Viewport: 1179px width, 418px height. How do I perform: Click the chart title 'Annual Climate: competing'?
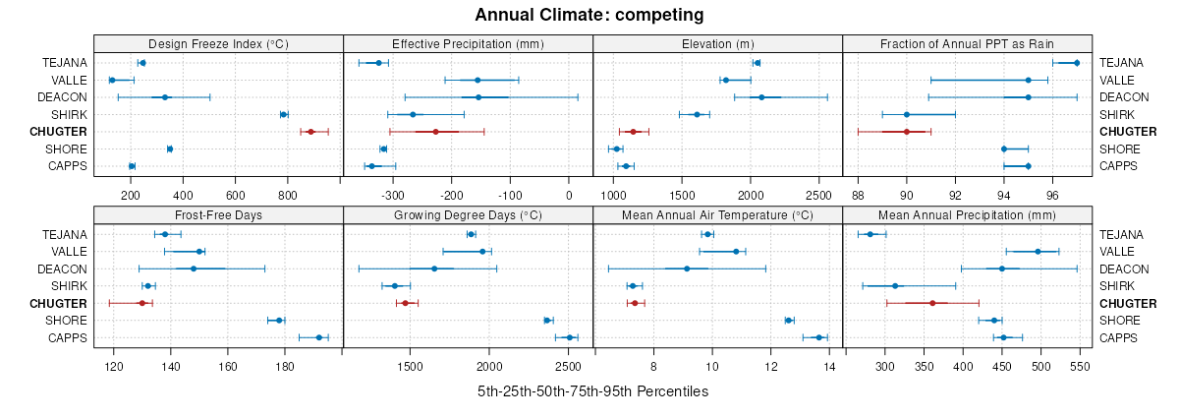[589, 15]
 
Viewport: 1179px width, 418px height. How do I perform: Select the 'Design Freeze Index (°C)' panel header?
[218, 44]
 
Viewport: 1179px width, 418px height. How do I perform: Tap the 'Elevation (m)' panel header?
[717, 44]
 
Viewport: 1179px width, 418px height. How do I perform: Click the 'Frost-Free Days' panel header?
[218, 215]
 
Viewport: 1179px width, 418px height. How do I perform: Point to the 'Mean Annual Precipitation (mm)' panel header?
[967, 215]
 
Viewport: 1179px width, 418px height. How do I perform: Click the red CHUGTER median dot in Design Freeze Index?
[311, 132]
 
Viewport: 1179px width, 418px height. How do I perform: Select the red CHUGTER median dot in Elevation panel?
[634, 132]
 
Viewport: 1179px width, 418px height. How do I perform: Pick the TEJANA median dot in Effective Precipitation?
[379, 63]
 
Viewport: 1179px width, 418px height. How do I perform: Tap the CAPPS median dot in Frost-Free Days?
[318, 337]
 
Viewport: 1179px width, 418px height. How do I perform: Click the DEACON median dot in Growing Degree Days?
[434, 269]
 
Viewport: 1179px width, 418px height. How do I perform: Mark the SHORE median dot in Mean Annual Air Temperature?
[788, 320]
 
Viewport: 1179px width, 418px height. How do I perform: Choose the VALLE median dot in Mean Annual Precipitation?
[1038, 252]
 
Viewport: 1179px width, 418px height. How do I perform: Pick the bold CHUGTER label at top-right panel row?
[1128, 132]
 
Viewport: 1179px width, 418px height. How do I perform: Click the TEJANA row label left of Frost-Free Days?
[65, 234]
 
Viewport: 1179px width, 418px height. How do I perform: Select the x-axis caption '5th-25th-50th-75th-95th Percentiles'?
[592, 391]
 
